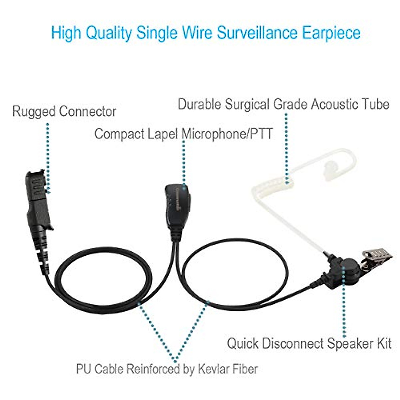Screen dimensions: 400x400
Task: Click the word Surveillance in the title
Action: point(257,33)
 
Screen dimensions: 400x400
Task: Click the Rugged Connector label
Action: point(64,111)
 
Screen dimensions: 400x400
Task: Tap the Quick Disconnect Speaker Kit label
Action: point(309,343)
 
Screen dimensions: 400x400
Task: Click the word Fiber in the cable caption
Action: point(246,369)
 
